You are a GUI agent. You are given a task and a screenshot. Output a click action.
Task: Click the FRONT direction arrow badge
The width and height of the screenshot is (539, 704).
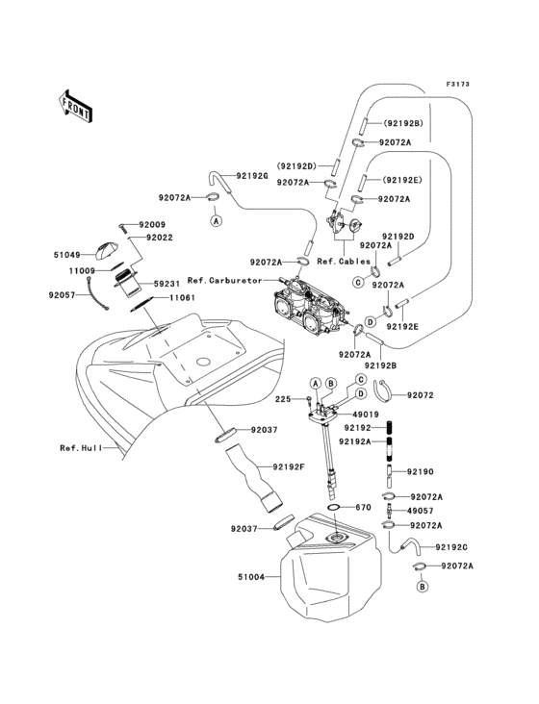[76, 105]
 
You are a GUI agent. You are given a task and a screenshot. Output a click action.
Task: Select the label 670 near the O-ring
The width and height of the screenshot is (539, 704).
[364, 507]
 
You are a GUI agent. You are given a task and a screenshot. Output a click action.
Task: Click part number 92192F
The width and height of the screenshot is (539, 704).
[290, 467]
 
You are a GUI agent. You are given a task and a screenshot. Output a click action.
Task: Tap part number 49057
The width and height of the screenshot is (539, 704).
[422, 512]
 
